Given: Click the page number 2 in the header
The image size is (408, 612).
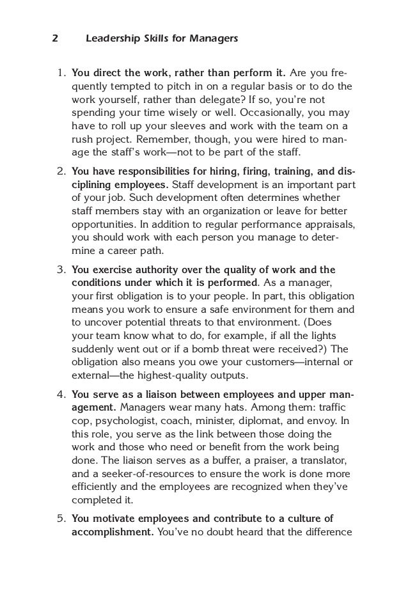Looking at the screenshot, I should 54,39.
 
